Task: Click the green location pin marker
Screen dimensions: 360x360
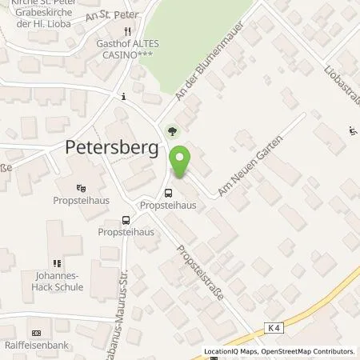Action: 181,163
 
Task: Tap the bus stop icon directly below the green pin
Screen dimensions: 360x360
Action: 168,192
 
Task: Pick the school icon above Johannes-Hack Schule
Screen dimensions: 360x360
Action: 56,262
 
